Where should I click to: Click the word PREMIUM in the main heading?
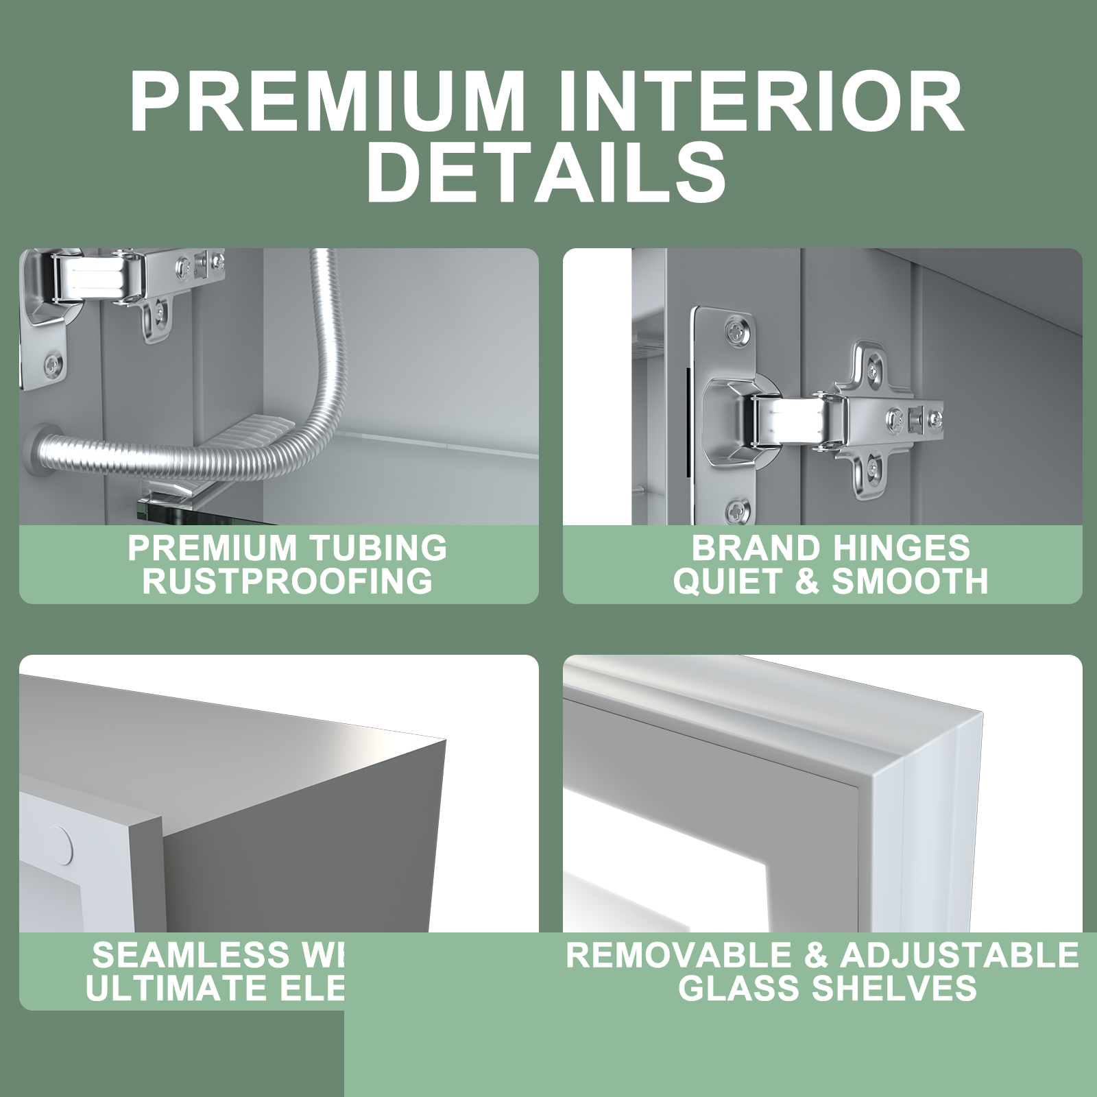pyautogui.click(x=327, y=101)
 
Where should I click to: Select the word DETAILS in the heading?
pyautogui.click(x=546, y=171)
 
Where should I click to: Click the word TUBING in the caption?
pyautogui.click(x=378, y=548)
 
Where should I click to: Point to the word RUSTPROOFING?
pyautogui.click(x=287, y=581)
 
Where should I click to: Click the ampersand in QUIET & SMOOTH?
pyautogui.click(x=808, y=581)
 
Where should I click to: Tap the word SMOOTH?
pyautogui.click(x=910, y=581)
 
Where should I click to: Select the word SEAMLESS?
pyautogui.click(x=191, y=955)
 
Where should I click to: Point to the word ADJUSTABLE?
pyautogui.click(x=959, y=955)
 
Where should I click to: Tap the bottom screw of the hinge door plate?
pyautogui.click(x=738, y=509)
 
